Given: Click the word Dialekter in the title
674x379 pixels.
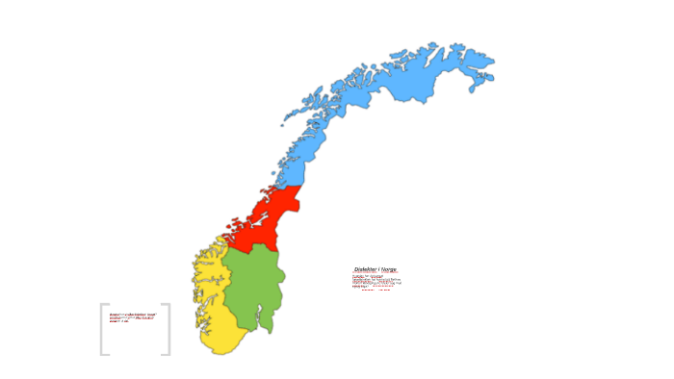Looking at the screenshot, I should pyautogui.click(x=367, y=269).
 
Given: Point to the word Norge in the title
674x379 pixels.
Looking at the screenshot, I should pyautogui.click(x=388, y=269).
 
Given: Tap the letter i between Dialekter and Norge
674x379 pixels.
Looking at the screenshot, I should pyautogui.click(x=378, y=269).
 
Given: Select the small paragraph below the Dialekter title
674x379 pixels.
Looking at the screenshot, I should pyautogui.click(x=376, y=281).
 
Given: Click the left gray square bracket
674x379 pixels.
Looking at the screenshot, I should pyautogui.click(x=103, y=329).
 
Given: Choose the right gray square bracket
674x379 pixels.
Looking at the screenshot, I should pyautogui.click(x=168, y=329).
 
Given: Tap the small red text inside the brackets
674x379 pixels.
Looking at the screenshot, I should pyautogui.click(x=131, y=316).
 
